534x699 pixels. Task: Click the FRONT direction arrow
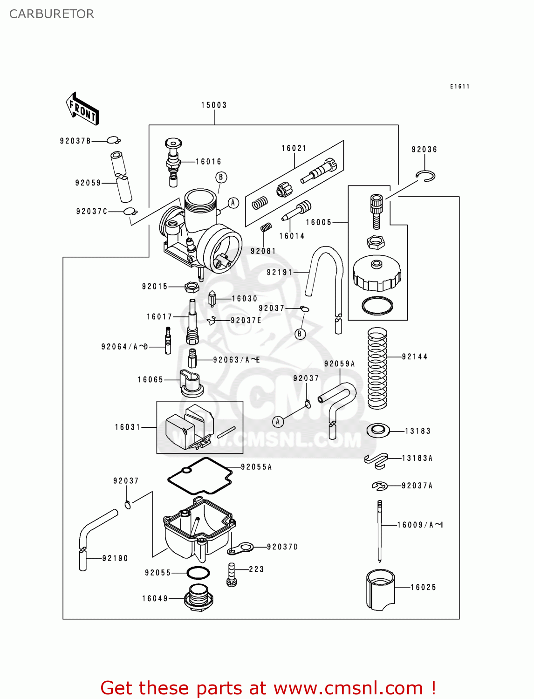(82, 109)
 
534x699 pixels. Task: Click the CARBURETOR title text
(52, 14)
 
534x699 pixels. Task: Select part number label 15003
(214, 105)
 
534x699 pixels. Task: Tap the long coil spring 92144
(377, 368)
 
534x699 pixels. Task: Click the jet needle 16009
(380, 531)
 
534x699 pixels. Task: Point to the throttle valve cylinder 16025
(380, 589)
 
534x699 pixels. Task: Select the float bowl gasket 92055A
(200, 475)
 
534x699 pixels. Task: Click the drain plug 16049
(199, 597)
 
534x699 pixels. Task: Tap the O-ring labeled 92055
(198, 573)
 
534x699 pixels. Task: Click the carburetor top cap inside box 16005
(377, 275)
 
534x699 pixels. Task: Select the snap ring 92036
(426, 176)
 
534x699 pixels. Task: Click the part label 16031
(128, 427)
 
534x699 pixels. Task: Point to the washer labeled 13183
(378, 430)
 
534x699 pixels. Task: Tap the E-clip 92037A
(380, 486)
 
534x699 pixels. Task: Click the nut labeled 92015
(192, 287)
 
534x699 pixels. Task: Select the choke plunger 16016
(173, 161)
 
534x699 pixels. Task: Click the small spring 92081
(266, 227)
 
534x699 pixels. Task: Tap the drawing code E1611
(459, 87)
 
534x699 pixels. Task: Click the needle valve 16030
(212, 299)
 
